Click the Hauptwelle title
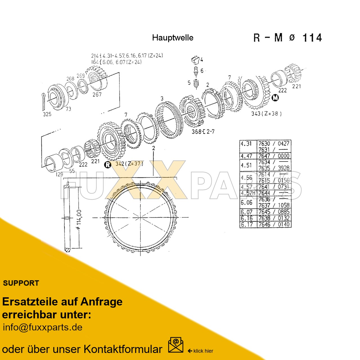click(173, 38)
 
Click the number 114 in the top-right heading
click(312, 38)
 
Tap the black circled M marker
click(275, 98)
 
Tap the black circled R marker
click(107, 165)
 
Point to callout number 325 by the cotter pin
click(47, 114)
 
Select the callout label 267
click(97, 94)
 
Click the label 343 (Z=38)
click(266, 114)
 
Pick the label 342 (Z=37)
click(129, 164)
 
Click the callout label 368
click(197, 131)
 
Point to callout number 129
click(59, 174)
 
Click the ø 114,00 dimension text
click(79, 220)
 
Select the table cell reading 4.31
click(246, 144)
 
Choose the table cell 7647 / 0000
click(274, 156)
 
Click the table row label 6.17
click(247, 224)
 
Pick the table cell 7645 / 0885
click(274, 212)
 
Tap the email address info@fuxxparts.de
click(42, 327)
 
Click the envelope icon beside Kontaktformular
click(175, 345)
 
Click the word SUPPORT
click(21, 283)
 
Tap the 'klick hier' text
click(203, 351)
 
